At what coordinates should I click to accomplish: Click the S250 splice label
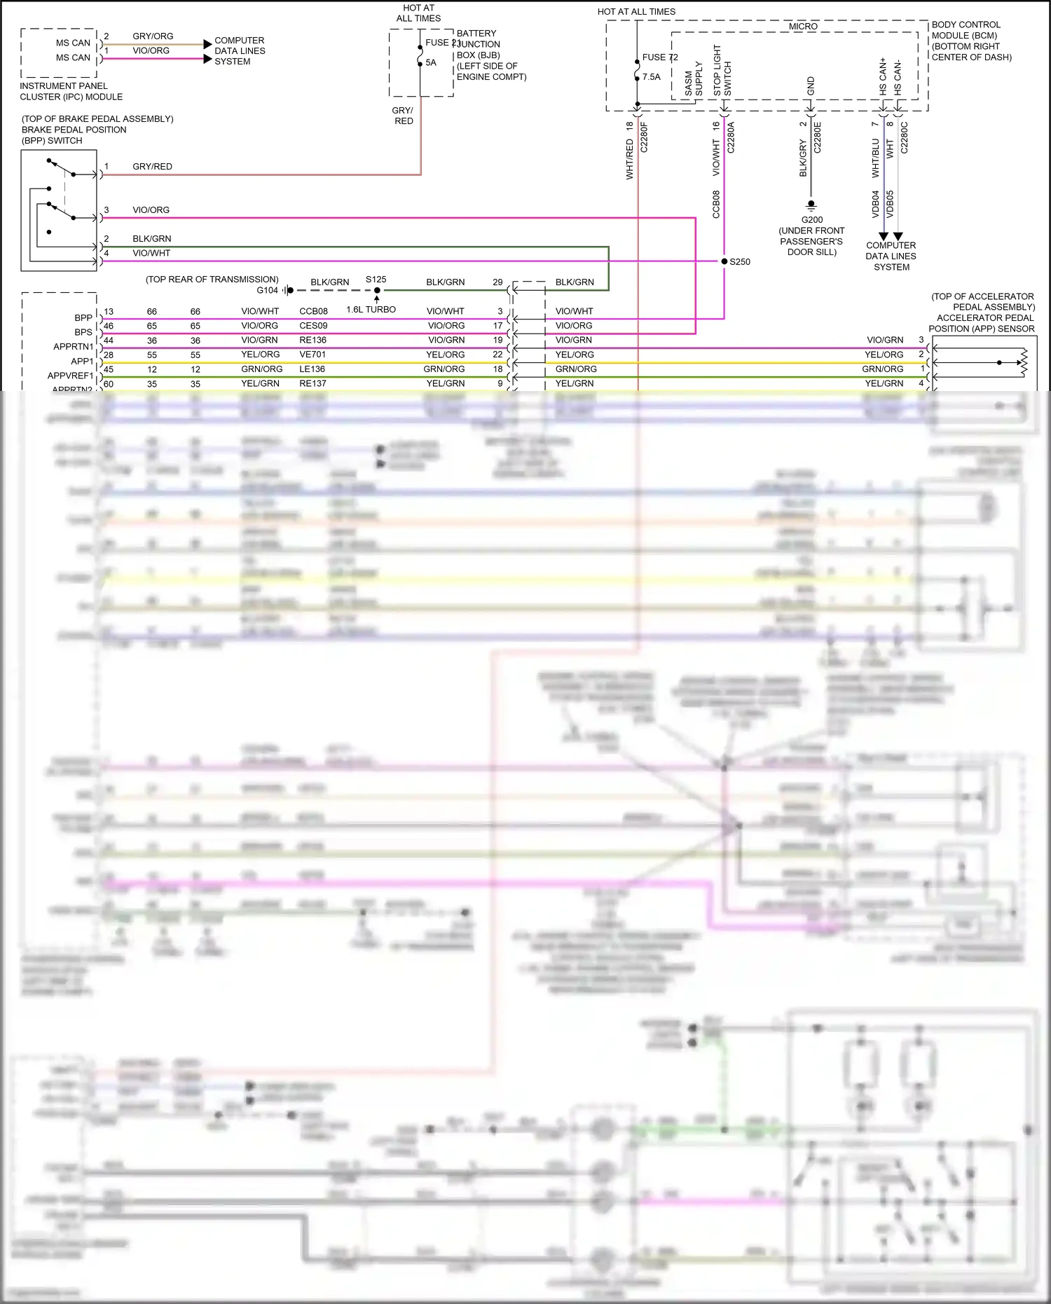click(739, 262)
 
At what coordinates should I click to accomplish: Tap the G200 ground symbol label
click(811, 220)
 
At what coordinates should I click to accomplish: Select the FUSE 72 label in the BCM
click(659, 57)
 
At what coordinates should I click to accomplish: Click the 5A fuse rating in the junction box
click(431, 63)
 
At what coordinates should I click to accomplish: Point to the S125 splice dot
click(377, 290)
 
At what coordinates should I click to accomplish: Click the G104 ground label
click(267, 290)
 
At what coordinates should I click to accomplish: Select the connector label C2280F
click(644, 137)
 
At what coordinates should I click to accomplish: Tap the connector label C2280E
click(817, 137)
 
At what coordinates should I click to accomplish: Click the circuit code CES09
click(313, 326)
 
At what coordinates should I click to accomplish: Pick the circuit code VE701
click(312, 355)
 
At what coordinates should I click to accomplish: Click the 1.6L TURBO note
click(371, 310)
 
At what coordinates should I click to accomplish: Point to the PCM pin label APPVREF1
click(70, 376)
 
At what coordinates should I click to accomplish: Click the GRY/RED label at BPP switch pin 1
click(152, 167)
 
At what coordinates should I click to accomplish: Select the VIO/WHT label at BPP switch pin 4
click(151, 254)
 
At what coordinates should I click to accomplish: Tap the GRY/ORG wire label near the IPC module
click(153, 36)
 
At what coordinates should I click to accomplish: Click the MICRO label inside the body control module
click(803, 27)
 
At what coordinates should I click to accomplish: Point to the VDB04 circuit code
click(875, 204)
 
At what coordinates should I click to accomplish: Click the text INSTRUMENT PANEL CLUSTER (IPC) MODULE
click(71, 92)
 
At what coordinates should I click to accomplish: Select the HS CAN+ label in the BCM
click(883, 76)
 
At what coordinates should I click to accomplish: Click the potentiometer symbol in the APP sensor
click(1022, 363)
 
